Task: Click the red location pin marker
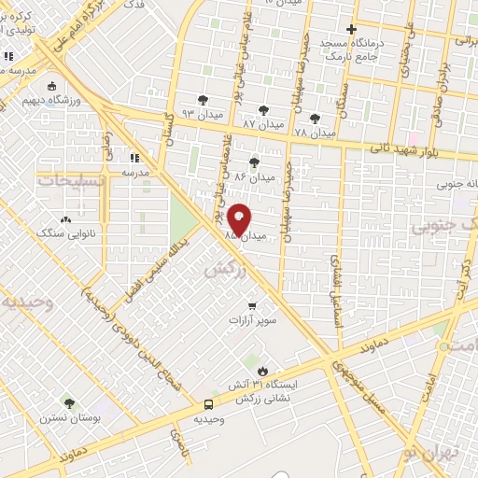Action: (239, 219)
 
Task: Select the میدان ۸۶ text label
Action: (255, 176)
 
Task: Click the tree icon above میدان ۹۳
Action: (203, 100)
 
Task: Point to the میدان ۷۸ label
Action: (315, 134)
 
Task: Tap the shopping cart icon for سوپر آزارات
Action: (250, 305)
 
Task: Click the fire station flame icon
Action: (262, 371)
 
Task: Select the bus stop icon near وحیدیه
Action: (208, 404)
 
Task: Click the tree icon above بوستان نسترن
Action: (68, 402)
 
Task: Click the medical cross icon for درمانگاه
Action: (350, 29)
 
